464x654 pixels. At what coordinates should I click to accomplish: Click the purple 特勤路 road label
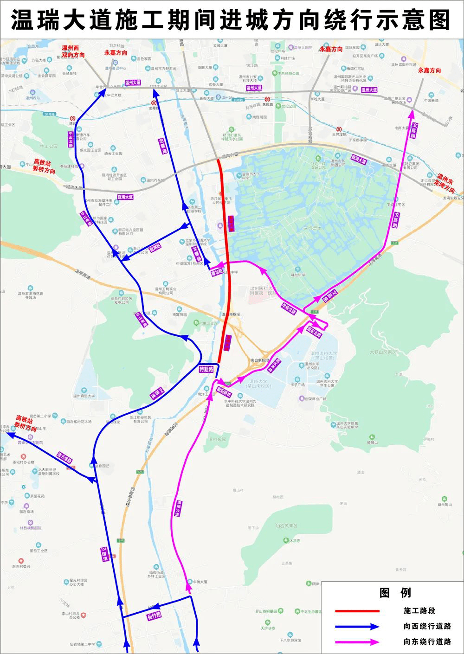click(206, 370)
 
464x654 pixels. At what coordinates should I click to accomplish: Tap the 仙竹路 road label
click(154, 616)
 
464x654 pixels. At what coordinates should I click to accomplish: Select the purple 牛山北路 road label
click(71, 139)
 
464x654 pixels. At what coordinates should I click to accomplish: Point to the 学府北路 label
click(289, 308)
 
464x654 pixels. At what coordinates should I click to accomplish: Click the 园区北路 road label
click(314, 332)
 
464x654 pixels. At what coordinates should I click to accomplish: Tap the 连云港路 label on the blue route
click(65, 458)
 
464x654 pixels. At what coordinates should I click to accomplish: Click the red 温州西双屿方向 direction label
click(73, 51)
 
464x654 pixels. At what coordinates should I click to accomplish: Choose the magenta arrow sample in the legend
click(357, 642)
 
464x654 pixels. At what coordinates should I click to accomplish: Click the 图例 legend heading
click(395, 593)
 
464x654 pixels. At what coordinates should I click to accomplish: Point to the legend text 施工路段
click(419, 611)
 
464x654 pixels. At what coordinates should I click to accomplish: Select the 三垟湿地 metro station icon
click(340, 128)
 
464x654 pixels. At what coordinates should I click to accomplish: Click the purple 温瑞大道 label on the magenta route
click(179, 508)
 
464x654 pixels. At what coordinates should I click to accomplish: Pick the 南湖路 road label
click(155, 247)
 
